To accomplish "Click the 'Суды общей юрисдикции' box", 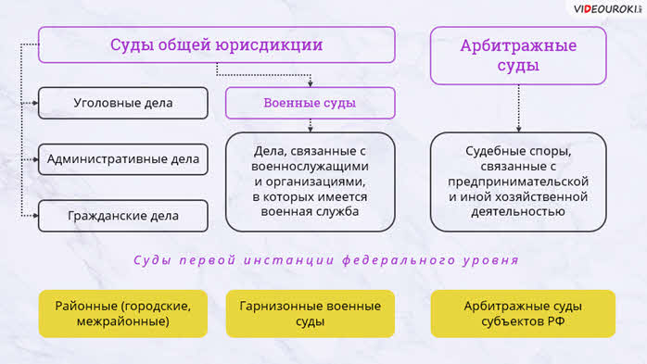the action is (217, 45).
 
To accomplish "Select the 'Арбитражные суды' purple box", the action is (518, 56).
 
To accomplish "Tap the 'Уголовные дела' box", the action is (123, 103).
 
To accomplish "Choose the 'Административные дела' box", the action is (123, 159).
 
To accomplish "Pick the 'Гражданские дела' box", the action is (123, 216).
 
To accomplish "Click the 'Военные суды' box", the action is (310, 103).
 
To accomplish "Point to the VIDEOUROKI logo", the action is (607, 9).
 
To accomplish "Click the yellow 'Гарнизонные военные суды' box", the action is (310, 314).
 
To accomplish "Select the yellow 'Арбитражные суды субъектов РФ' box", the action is (523, 314).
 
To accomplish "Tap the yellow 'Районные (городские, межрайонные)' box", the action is (123, 314).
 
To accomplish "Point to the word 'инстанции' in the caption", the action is (289, 260).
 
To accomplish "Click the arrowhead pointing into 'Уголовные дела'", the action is (35, 103).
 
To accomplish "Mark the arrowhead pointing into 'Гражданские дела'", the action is (35, 216).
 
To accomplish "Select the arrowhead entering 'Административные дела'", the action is (35, 159).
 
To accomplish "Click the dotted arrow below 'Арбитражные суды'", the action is (519, 108).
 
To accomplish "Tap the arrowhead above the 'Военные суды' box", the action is (311, 84).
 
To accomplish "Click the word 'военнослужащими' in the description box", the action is (310, 167).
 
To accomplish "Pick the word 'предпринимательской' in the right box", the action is (518, 182).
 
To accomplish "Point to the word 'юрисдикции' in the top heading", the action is (274, 45).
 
